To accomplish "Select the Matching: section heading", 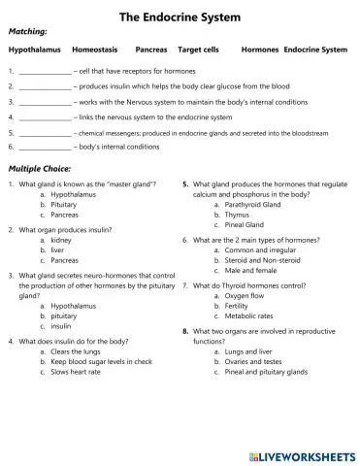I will coord(28,32).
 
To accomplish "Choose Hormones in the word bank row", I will coord(259,49).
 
